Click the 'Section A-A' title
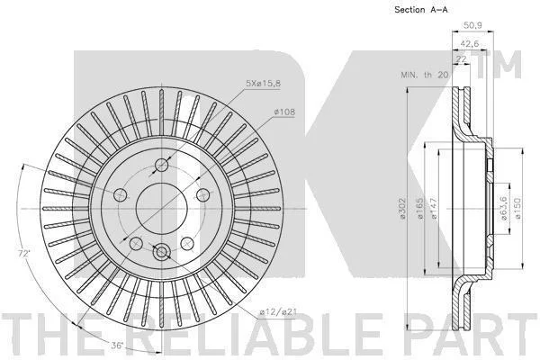(421, 10)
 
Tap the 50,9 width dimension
(472, 25)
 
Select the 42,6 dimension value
(470, 44)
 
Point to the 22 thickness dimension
(461, 59)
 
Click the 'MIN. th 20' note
(425, 75)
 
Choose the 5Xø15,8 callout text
(263, 83)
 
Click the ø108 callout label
(284, 112)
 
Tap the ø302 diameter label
(402, 209)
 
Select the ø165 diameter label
(419, 209)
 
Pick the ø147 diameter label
(434, 209)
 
